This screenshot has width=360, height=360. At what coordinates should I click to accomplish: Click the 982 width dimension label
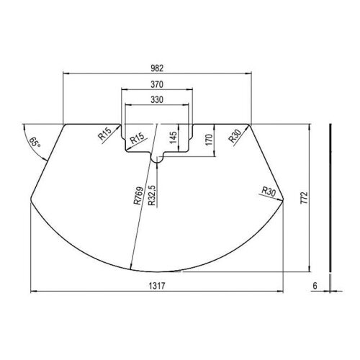(157, 68)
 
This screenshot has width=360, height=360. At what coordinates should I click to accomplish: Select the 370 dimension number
(157, 84)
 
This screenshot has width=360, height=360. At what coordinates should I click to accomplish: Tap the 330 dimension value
(157, 99)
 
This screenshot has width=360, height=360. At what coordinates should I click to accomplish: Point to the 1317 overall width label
(157, 286)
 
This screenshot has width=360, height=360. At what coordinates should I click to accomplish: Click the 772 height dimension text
(304, 197)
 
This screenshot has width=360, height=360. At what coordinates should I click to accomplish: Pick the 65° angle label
(35, 142)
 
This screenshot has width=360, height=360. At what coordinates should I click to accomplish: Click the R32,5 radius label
(152, 196)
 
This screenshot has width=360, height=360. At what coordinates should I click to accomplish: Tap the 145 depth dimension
(173, 138)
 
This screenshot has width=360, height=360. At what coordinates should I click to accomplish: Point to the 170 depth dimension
(209, 140)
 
